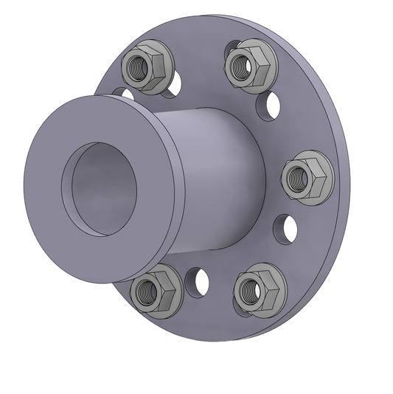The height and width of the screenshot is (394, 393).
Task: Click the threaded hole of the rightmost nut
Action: tap(299, 176)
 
